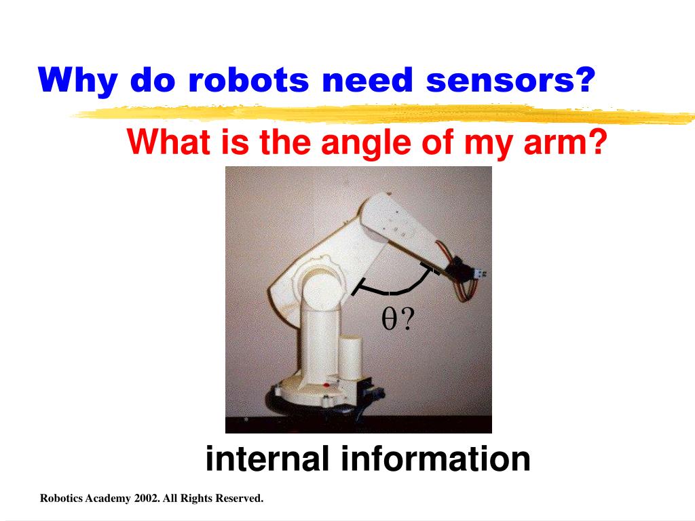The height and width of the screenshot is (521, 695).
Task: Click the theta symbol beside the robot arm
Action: click(389, 319)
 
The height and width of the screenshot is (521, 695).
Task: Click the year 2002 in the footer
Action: click(147, 499)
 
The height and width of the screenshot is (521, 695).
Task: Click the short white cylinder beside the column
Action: click(352, 358)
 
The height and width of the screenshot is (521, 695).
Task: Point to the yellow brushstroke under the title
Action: click(380, 114)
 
